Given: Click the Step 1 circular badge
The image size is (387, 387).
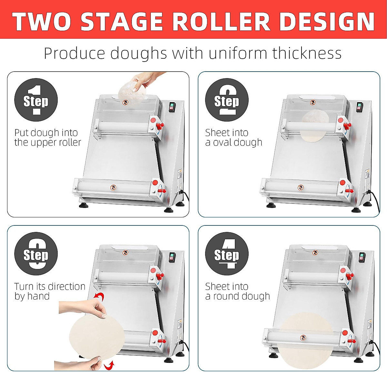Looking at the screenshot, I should coord(36,100).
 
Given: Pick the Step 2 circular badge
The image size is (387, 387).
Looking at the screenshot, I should coord(227,100).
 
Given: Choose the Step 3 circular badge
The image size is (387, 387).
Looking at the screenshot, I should coord(36,254).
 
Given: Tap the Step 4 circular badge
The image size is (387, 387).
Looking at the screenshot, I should coord(227,254).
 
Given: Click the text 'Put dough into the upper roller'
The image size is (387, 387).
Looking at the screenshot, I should coord(47,137).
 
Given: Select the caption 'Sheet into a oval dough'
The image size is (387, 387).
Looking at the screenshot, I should coord(233,137).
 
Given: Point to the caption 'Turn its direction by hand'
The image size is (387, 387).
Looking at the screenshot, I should coord(49,291).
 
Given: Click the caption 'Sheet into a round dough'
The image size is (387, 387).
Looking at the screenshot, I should coord(237,291).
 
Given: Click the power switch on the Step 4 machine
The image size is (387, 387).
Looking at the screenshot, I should coord(362,257).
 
